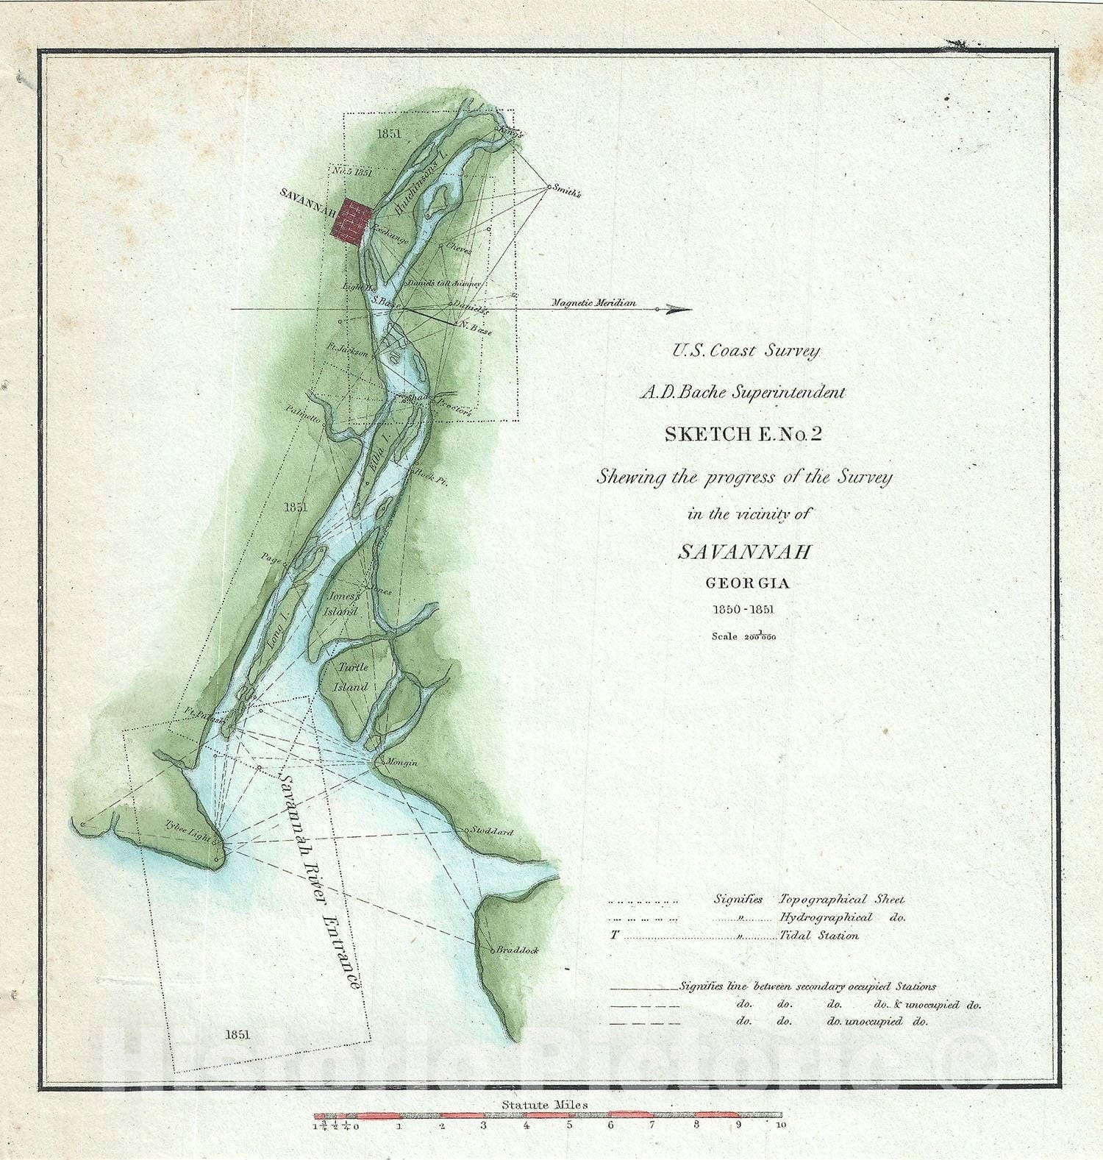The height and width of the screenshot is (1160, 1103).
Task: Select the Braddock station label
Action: (518, 950)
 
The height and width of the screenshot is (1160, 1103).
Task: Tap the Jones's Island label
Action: (343, 603)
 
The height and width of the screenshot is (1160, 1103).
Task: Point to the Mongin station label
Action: (401, 763)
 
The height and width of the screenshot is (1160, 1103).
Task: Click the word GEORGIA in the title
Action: (747, 583)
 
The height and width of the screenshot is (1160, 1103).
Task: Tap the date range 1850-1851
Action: (746, 610)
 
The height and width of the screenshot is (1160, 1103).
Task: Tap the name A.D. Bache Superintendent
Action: (742, 393)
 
